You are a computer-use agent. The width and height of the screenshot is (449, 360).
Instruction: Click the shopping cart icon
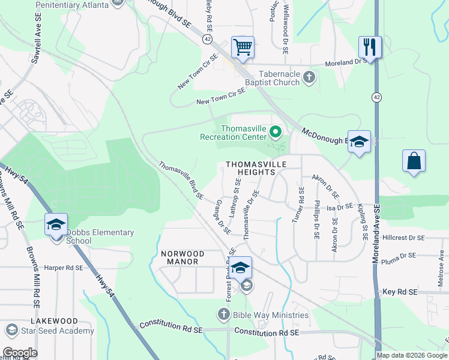(x=243, y=47)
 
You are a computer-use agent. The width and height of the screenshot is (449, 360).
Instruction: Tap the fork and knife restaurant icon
(x=370, y=47)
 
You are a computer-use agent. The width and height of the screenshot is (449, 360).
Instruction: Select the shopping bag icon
(x=414, y=161)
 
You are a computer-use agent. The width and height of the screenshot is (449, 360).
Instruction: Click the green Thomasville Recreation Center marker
(x=276, y=131)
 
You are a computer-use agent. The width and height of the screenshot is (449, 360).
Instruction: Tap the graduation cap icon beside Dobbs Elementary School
(x=56, y=225)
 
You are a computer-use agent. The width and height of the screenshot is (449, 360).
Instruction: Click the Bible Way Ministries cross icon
(x=223, y=314)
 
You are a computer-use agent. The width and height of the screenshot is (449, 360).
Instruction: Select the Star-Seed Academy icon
(x=11, y=330)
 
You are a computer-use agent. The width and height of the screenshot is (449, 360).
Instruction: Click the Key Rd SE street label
(x=399, y=292)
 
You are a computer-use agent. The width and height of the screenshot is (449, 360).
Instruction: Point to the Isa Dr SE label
(x=340, y=208)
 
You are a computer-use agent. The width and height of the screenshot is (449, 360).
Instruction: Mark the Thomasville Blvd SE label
(x=181, y=179)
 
